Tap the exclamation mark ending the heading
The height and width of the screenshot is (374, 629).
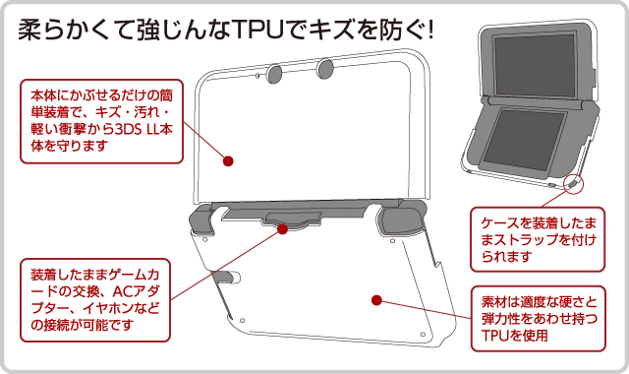click(x=430, y=31)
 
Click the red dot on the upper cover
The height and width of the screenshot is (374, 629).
click(x=228, y=161)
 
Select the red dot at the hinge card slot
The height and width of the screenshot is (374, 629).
click(x=282, y=229)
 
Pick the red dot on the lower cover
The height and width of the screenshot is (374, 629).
click(x=376, y=300)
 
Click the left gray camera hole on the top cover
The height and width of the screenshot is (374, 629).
click(x=275, y=74)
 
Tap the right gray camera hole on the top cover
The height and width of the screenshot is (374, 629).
click(x=325, y=69)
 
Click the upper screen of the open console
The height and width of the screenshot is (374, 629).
click(x=536, y=64)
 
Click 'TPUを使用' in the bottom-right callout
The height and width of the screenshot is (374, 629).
click(x=515, y=336)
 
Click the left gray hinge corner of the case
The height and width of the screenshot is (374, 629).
click(x=201, y=220)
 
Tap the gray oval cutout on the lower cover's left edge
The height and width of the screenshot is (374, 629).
click(x=226, y=277)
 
